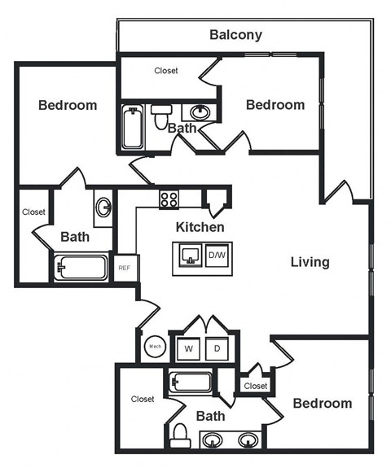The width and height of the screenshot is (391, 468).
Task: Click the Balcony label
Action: coord(236,34)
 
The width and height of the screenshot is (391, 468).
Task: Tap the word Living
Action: coord(310,262)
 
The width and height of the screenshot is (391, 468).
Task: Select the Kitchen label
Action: coord(200,227)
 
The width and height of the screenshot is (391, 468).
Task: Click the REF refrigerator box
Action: coord(125,268)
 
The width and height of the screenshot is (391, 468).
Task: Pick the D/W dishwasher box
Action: coord(217,255)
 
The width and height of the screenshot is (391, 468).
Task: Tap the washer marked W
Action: coord(188,348)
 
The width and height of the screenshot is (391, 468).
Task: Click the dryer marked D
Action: coord(217,348)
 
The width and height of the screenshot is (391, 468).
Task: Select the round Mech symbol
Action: coord(155,348)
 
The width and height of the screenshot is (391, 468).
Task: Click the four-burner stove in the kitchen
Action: coord(169,198)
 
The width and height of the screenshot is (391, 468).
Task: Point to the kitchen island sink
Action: coord(190,255)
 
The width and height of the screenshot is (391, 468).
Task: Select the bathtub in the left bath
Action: coord(81,267)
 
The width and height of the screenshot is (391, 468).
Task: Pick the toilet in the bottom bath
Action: coord(181,435)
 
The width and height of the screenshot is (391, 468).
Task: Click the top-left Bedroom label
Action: coord(68,105)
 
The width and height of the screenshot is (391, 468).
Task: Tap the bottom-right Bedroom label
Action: coord(323,403)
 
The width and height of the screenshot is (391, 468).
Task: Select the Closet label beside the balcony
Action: coord(166,71)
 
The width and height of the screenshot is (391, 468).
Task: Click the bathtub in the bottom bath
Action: coord(191,381)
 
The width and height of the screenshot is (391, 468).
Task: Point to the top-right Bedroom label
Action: coord(275,105)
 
